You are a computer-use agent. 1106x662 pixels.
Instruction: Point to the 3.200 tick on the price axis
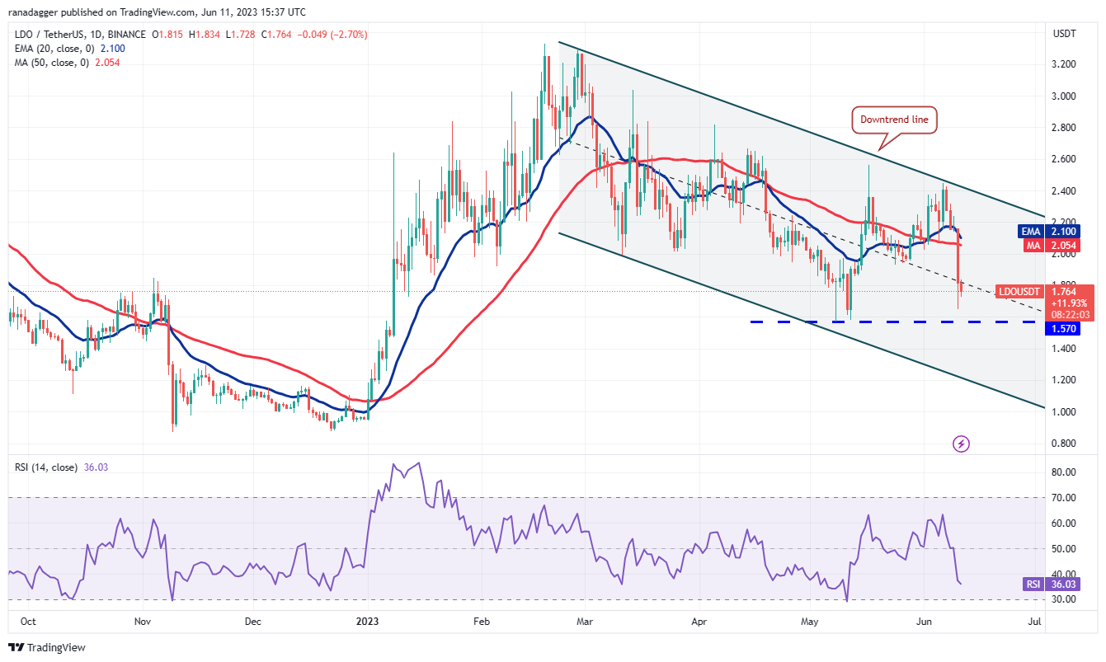coord(1064,64)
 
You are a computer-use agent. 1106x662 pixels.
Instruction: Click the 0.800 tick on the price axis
coord(1064,444)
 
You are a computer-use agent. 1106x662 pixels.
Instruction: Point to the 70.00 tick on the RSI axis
coord(1064,498)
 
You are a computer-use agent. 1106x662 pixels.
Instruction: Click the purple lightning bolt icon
coord(961,444)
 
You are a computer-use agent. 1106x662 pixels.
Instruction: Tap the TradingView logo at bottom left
coord(47,648)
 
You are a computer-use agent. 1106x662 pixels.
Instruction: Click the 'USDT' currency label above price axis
coord(1064,34)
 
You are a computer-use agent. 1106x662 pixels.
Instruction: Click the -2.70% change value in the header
coord(351,35)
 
